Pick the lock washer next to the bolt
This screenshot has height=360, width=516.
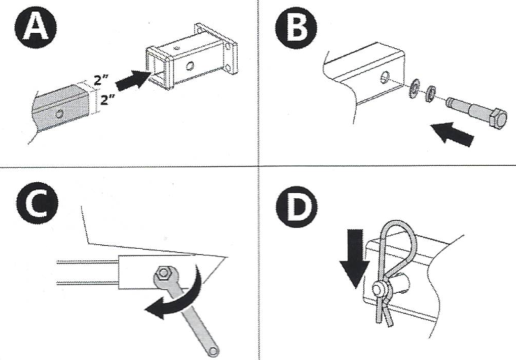[x=432, y=90]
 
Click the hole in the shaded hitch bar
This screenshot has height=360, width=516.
[x=61, y=112]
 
